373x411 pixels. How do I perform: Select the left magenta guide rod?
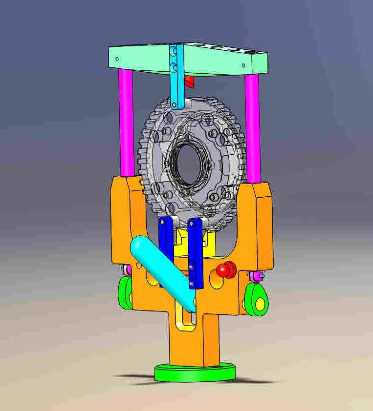click(126, 122)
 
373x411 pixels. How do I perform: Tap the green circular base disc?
click(194, 373)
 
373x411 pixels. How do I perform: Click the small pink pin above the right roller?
click(255, 277)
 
